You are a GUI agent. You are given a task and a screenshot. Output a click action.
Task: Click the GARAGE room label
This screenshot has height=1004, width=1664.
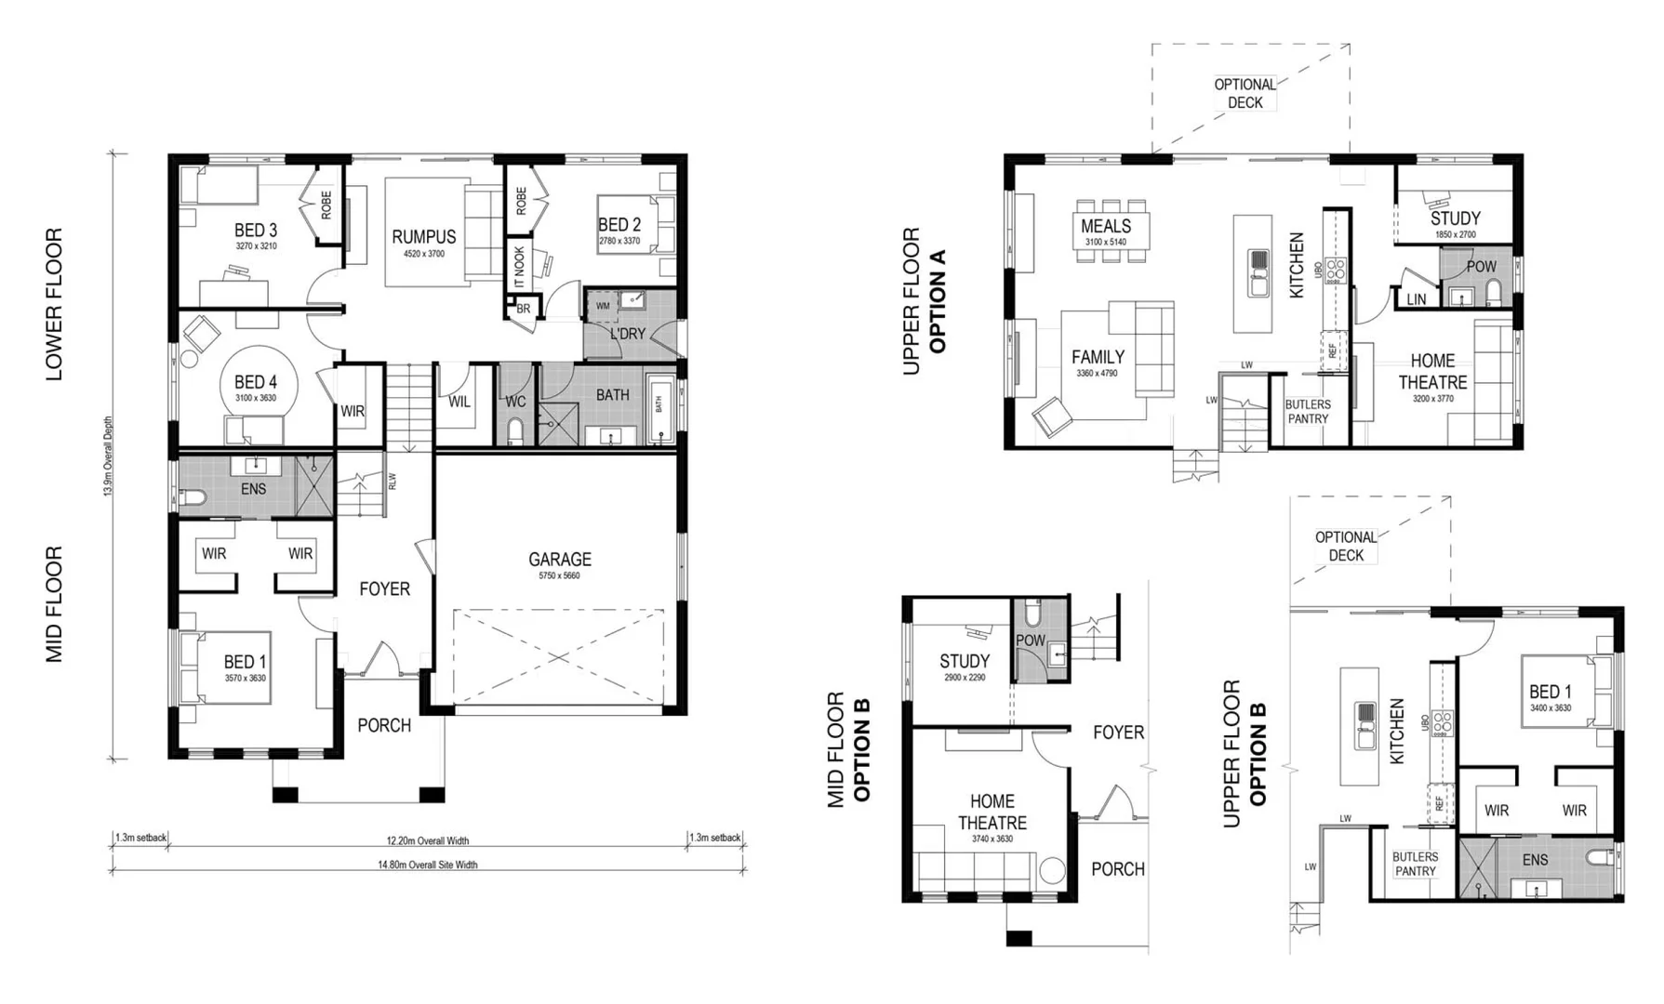(559, 559)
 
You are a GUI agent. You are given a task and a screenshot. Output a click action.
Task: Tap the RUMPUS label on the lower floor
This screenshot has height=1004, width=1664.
(424, 237)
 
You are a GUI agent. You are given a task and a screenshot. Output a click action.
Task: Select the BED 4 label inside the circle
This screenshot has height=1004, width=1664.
(255, 382)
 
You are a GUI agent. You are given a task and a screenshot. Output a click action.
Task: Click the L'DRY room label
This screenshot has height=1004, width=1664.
(628, 334)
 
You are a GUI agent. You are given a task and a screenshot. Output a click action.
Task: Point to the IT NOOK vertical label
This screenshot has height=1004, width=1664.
(519, 266)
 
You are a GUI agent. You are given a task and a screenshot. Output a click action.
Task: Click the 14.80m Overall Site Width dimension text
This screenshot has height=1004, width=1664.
(427, 865)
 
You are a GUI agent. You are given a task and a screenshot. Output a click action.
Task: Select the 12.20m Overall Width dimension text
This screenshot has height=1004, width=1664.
(427, 840)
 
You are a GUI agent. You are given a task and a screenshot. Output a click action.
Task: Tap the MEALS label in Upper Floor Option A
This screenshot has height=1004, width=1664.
(1106, 226)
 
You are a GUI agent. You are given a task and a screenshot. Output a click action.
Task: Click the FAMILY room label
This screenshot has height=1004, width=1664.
(1098, 357)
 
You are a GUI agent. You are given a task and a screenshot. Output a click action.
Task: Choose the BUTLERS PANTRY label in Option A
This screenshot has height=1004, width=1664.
(1308, 412)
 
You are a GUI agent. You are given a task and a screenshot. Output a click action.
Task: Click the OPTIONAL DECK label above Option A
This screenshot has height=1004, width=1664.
(1245, 93)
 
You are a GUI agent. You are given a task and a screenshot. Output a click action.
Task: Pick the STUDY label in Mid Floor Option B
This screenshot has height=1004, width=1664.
(965, 661)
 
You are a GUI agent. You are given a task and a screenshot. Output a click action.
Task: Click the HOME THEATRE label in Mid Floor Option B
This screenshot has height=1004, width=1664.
(992, 812)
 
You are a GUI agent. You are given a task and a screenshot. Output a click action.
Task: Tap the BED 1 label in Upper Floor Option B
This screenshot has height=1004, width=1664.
(1550, 692)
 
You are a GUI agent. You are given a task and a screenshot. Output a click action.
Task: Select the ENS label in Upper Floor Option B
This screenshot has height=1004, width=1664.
(1535, 860)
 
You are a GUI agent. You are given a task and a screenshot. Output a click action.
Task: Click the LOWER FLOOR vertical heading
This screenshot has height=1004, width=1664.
(54, 304)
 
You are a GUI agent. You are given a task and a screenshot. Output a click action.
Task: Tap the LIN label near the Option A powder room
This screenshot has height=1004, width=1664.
(1416, 299)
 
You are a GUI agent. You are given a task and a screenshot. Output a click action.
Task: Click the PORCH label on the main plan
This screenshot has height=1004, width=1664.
(384, 725)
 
